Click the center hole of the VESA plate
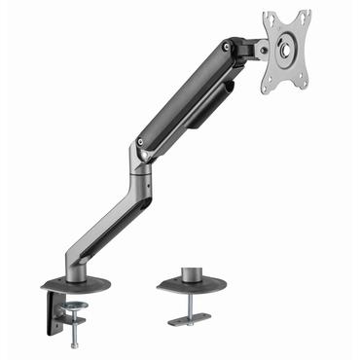point(287,51)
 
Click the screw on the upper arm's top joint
point(228,47)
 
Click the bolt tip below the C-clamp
point(75,345)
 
